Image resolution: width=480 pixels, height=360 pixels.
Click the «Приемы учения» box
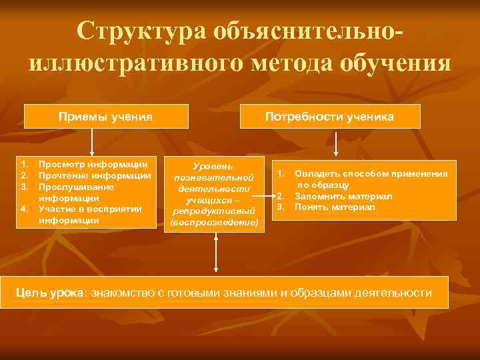[105, 117]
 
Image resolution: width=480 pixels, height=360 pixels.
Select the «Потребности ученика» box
[329, 117]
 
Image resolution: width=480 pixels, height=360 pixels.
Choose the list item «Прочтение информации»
[94, 175]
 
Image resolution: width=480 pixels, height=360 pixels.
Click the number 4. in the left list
[24, 209]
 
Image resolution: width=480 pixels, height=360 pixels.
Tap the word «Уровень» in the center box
[213, 165]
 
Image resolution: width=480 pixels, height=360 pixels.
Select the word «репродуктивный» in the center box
[213, 211]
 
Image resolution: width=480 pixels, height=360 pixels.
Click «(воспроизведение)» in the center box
[213, 222]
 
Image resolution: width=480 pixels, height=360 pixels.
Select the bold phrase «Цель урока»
[51, 293]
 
